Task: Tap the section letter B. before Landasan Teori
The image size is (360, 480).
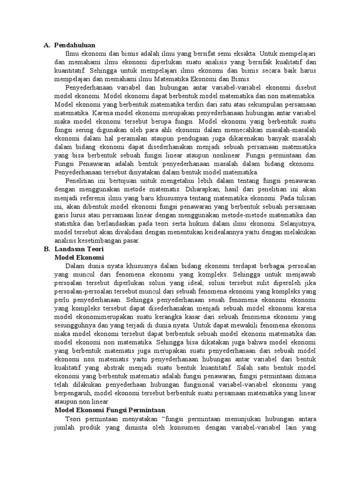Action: [x=46, y=249]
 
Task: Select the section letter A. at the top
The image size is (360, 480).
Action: [x=46, y=45]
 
